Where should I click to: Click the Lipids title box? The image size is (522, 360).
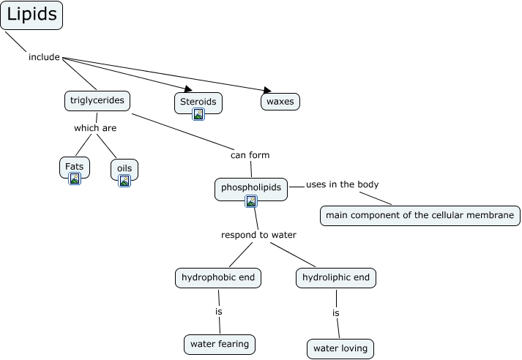31,15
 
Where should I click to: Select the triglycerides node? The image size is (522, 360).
97,100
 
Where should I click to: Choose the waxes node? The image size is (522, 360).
280,102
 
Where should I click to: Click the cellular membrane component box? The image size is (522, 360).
420,215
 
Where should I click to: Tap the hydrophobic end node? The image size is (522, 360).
218,278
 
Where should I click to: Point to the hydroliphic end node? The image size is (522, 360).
337,278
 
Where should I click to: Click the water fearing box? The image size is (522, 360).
220,343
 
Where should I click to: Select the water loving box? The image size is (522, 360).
340,348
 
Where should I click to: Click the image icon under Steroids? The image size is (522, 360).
198,113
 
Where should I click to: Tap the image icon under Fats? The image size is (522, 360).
74,179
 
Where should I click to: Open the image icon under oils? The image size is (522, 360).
124,181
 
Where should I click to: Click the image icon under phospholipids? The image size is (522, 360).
251,201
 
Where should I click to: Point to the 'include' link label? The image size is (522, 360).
44,57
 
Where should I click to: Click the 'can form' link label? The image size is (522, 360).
250,155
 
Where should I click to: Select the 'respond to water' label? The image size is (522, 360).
258,235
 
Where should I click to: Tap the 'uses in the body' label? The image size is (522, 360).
342,184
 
